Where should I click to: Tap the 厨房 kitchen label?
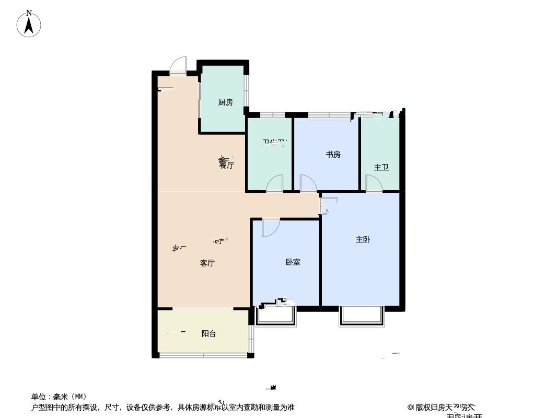coord(225,102)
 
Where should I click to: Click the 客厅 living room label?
coord(207,263)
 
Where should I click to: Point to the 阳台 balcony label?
coord(208,334)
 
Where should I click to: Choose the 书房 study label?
coord(333,155)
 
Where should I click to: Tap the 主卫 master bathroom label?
coord(381,168)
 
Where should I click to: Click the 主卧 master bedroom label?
coord(363,240)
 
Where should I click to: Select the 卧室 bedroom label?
coord(293,262)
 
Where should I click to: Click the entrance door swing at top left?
coord(178,64)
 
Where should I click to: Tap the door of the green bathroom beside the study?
coord(275,183)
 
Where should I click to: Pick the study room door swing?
coord(308,183)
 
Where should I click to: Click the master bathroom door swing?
coord(374,183)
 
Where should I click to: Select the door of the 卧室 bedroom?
coord(270,228)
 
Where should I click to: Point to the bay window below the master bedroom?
coord(361,317)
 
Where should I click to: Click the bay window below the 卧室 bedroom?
coord(276,316)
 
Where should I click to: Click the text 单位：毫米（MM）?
coord(59,397)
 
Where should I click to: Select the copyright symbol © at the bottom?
coord(411,407)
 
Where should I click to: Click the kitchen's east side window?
coord(247,91)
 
